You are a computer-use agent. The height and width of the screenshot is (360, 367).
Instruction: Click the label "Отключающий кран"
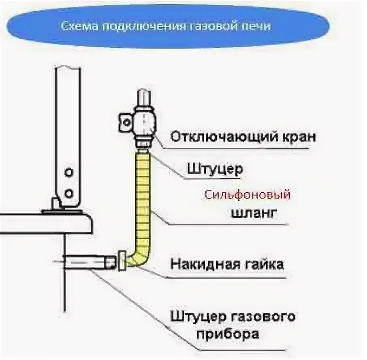click(243, 136)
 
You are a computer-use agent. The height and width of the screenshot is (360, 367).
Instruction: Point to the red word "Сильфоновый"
click(248, 195)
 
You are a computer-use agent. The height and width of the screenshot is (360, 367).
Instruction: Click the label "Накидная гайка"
click(227, 264)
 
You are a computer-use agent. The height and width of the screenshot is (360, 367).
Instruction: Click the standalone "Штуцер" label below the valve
click(215, 169)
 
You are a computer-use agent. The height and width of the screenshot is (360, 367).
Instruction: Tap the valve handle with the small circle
click(125, 121)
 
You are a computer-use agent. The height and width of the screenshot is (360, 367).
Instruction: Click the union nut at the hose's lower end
click(121, 261)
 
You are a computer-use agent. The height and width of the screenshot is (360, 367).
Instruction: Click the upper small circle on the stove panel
click(69, 172)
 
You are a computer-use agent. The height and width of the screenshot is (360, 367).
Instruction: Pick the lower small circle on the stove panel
click(69, 191)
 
